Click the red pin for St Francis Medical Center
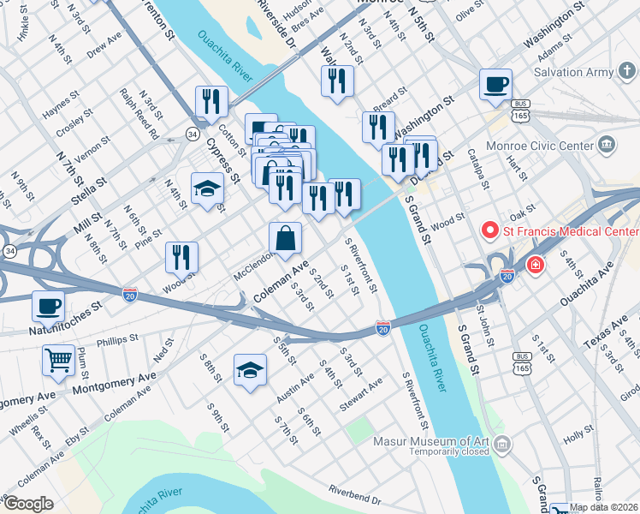490,230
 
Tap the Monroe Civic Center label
539,146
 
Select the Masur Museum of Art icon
502,443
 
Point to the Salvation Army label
575,73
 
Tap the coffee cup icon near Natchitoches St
49,305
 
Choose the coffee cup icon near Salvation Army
495,84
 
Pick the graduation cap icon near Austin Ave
250,370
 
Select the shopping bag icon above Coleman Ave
285,238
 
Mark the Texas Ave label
600,332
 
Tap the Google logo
28,504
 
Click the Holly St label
578,436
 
